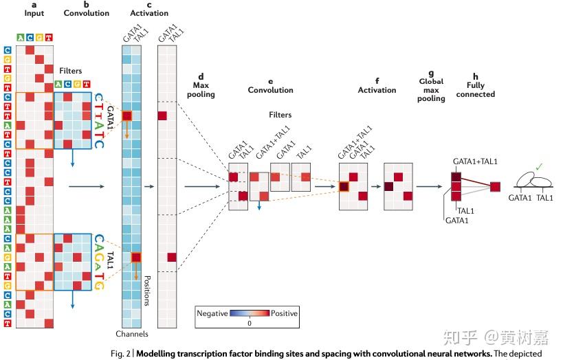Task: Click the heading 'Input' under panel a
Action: tap(34, 13)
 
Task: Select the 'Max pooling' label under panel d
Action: tap(201, 89)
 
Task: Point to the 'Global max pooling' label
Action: tap(431, 89)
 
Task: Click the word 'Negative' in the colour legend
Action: tap(212, 313)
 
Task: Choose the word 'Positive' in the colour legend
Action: tap(284, 313)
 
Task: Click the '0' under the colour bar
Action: tap(249, 322)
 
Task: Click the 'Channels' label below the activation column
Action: tap(132, 334)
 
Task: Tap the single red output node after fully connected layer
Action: tap(496, 186)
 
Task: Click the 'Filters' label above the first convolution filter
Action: tap(71, 71)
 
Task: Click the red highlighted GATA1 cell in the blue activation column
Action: tap(126, 116)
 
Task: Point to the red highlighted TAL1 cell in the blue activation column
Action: tap(136, 257)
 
